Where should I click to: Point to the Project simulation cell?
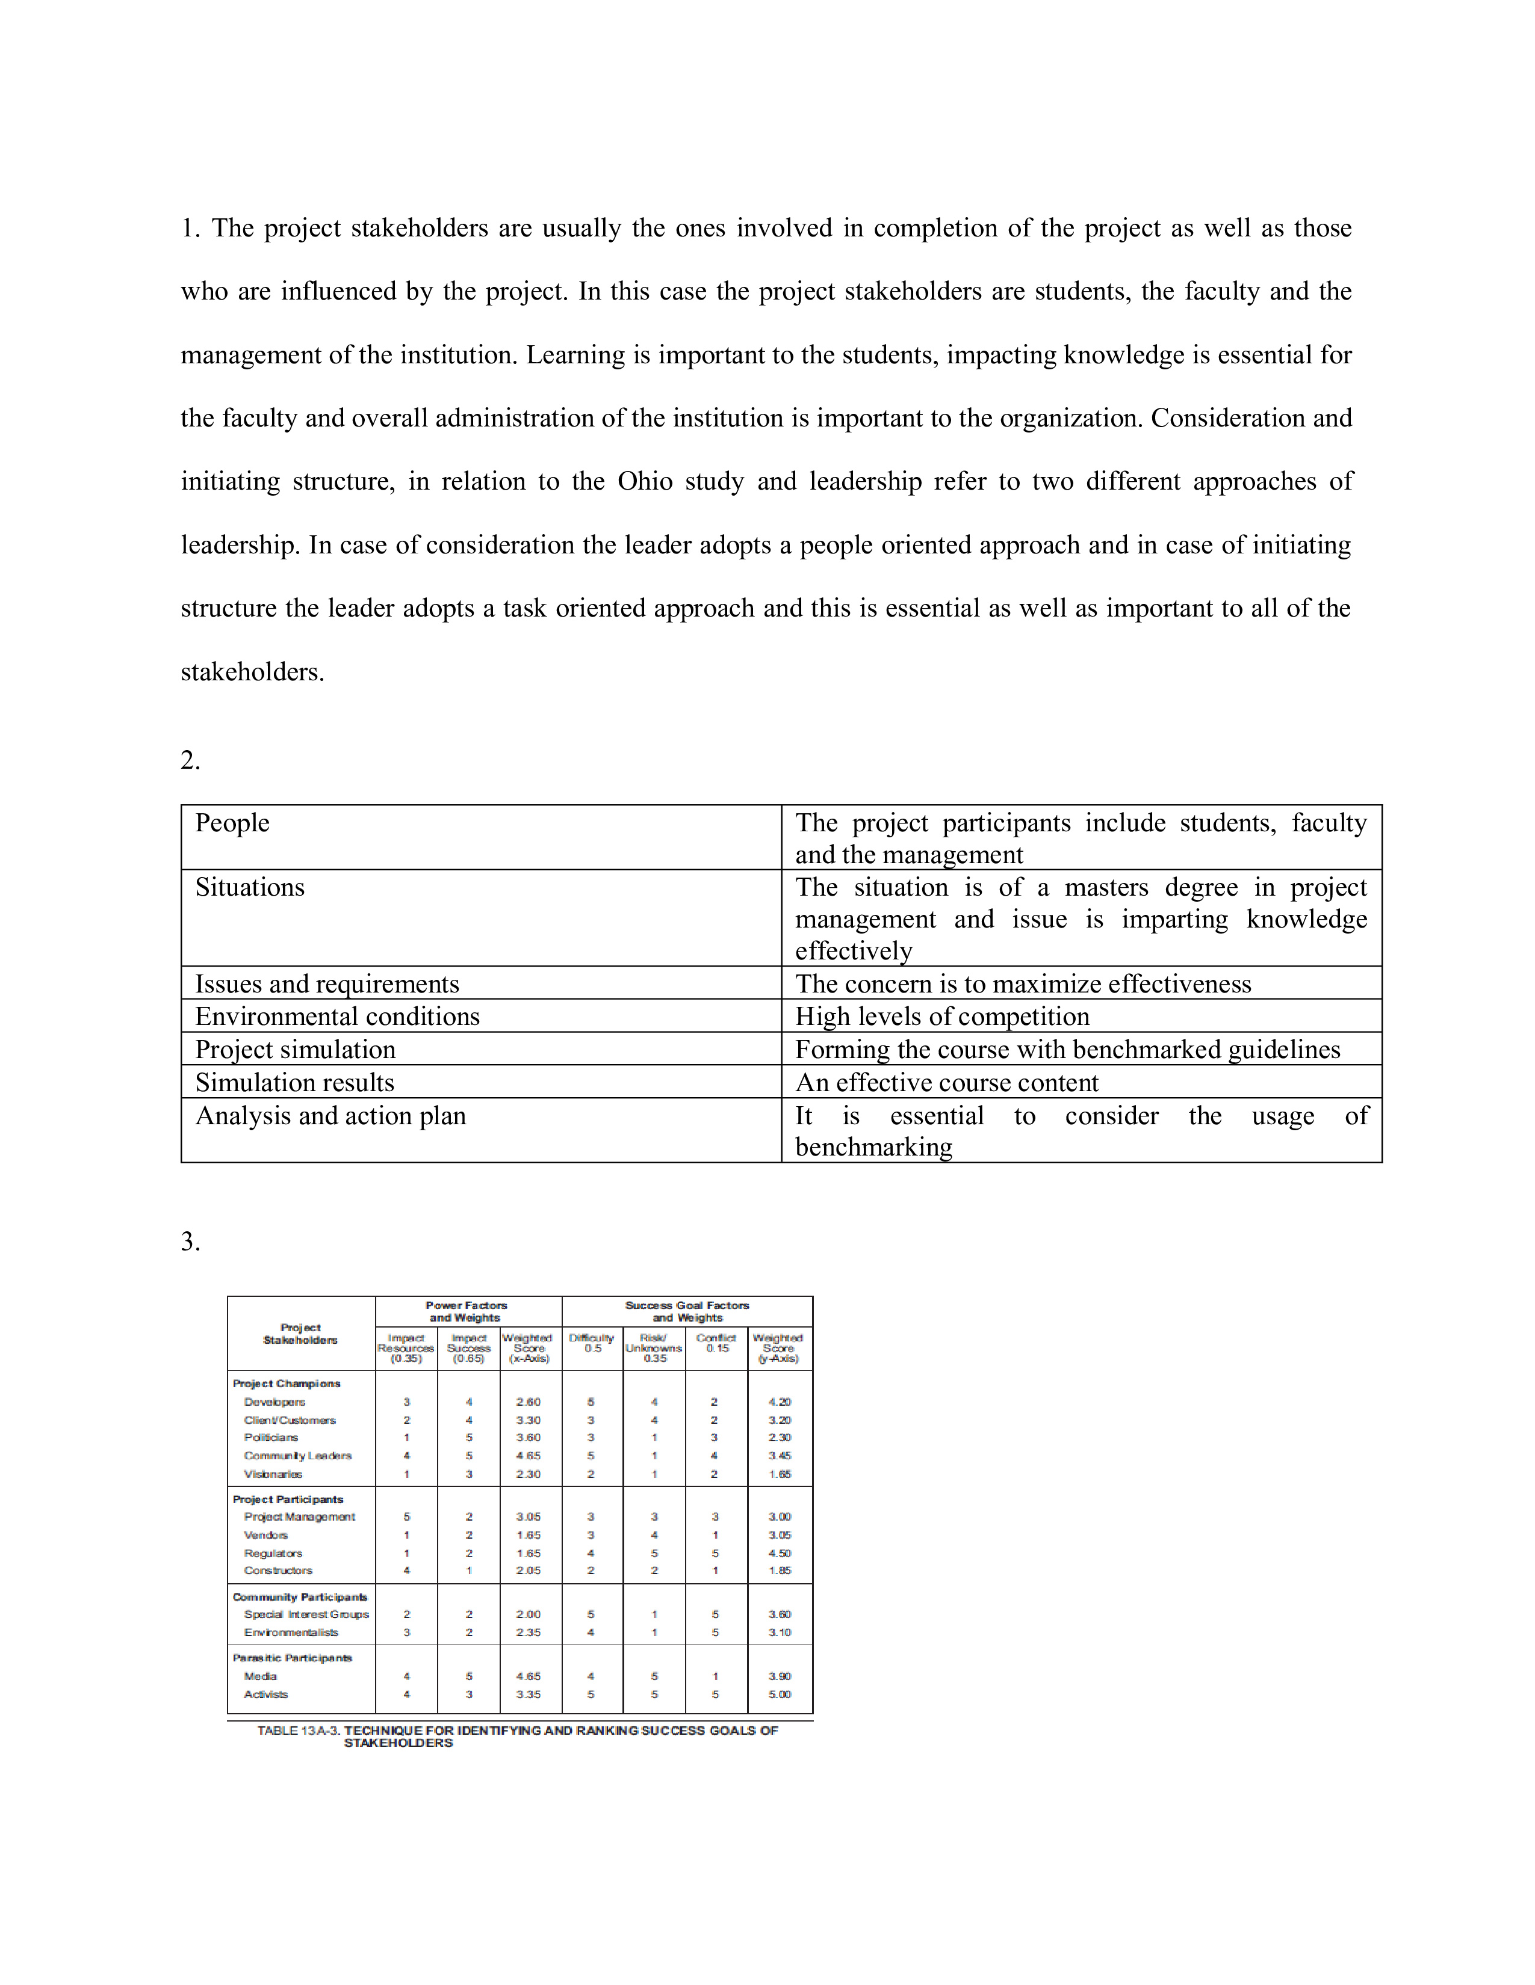[296, 1049]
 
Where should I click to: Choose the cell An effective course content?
[947, 1083]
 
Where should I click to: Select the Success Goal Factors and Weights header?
[687, 1311]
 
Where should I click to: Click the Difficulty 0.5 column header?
[591, 1343]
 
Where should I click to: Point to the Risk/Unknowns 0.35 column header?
[654, 1348]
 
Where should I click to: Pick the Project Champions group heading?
[287, 1383]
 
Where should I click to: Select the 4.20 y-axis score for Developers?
[780, 1402]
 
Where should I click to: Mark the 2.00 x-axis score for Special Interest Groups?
[529, 1614]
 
